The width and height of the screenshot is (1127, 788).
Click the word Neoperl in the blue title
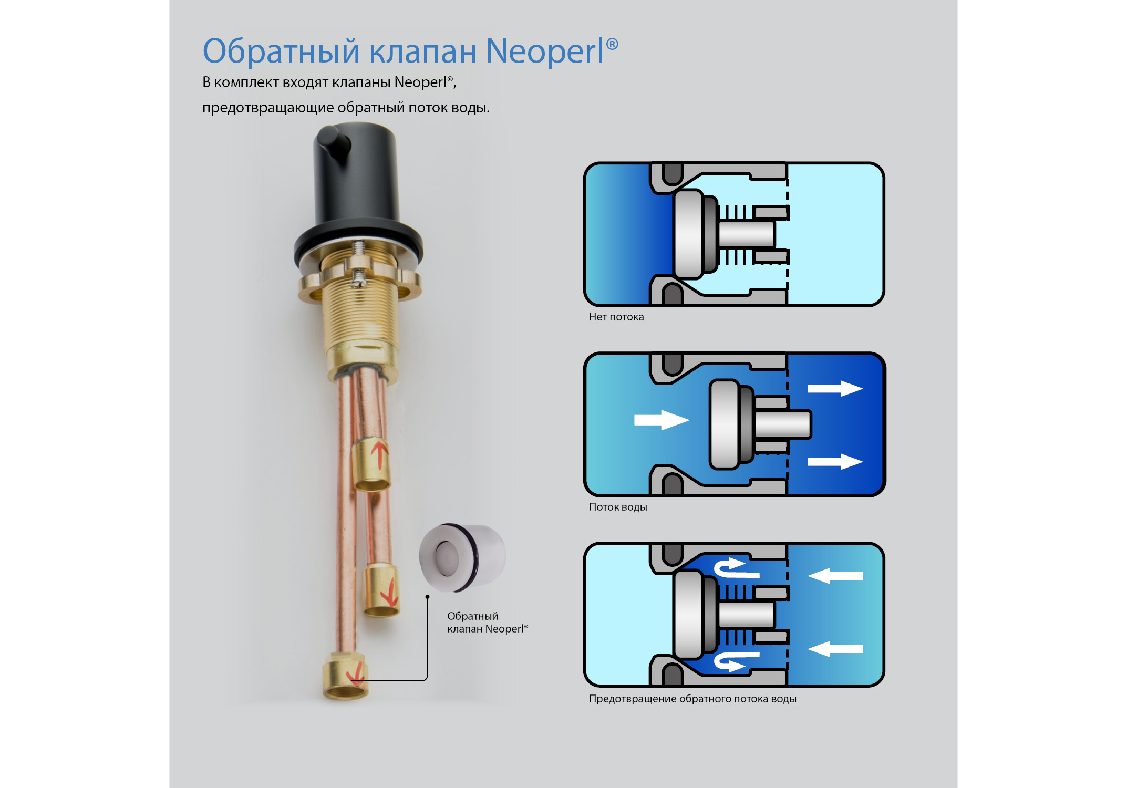[x=545, y=51]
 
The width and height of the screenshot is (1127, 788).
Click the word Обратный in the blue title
[x=281, y=51]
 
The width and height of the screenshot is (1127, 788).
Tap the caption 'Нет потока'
[x=616, y=317]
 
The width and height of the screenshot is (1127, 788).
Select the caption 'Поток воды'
[x=618, y=507]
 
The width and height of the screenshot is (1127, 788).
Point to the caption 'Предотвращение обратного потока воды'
[x=692, y=699]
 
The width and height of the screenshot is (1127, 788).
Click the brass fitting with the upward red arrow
[x=371, y=464]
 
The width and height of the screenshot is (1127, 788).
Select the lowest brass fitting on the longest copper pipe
[x=345, y=676]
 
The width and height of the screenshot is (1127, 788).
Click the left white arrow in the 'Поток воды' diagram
[x=661, y=420]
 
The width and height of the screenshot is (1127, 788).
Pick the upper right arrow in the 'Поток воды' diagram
[x=834, y=389]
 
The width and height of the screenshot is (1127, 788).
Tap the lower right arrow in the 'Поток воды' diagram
[x=834, y=462]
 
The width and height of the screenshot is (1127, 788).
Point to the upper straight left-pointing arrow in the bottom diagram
[x=835, y=576]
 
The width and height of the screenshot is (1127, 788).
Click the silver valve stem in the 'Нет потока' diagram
[x=746, y=234]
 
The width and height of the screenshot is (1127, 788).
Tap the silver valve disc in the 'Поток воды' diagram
[x=724, y=424]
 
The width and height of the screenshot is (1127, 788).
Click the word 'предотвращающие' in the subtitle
[x=268, y=108]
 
